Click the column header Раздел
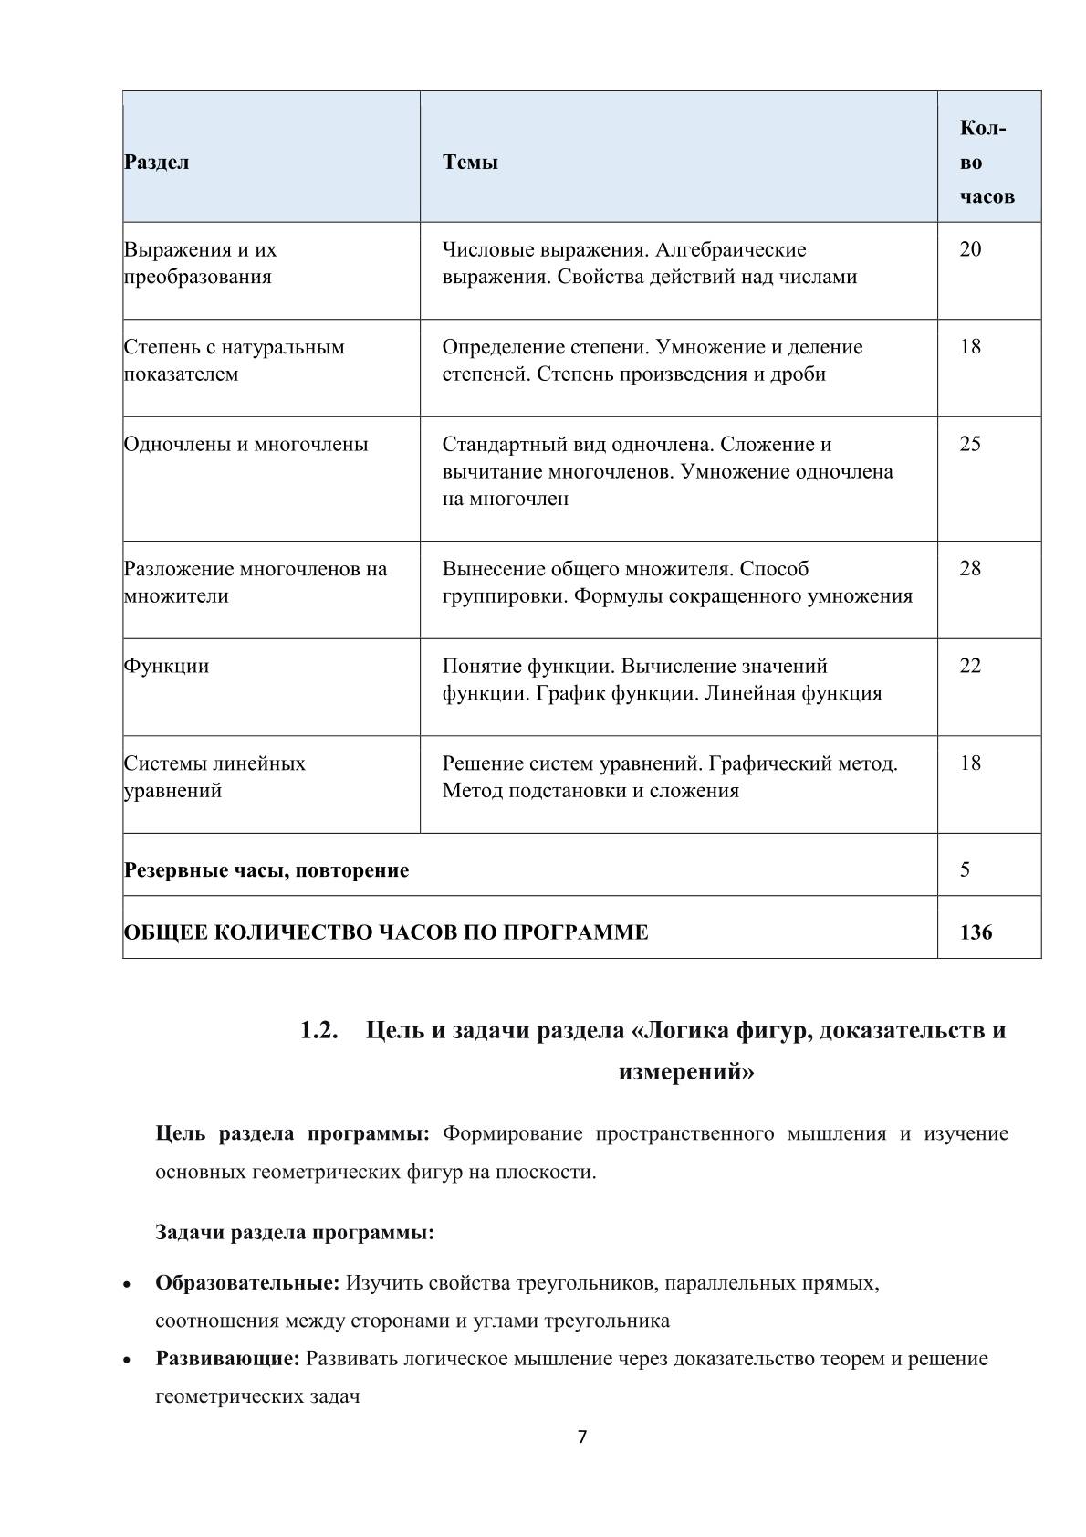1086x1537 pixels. [156, 163]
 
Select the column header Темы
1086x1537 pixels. [470, 163]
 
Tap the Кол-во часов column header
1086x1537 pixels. [986, 163]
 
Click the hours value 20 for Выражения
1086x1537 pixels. [970, 249]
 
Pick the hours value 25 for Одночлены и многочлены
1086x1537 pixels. [970, 445]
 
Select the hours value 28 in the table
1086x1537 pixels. [970, 569]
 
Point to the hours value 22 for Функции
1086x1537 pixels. [970, 666]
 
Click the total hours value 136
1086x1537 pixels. [976, 932]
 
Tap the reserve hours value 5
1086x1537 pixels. [965, 869]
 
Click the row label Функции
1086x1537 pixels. [166, 666]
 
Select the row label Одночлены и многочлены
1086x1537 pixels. [245, 445]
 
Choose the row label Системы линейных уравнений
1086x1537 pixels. [214, 776]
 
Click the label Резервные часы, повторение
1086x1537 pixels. [266, 870]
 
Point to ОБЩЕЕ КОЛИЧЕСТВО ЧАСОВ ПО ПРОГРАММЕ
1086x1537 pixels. [386, 932]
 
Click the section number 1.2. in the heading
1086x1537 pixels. [320, 1031]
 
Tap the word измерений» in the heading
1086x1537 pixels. [686, 1071]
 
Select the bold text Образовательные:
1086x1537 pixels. [247, 1283]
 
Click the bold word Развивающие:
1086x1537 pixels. [227, 1359]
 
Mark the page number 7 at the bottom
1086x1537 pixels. [582, 1437]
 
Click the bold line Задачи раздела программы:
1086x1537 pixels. [295, 1233]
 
